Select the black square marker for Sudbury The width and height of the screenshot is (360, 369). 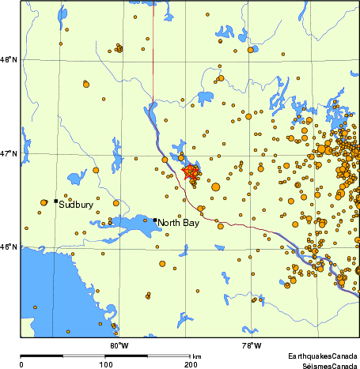55,201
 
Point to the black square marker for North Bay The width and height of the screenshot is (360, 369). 155,220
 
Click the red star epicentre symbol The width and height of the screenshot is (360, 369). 191,171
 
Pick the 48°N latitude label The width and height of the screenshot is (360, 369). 9,60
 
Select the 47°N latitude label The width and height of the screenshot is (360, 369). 9,154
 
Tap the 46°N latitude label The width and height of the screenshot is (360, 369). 9,247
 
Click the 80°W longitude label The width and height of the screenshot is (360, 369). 119,345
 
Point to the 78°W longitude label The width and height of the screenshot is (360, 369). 252,345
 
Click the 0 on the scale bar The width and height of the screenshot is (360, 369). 21,364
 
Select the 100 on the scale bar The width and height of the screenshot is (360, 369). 105,364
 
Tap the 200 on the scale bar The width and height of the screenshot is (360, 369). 190,364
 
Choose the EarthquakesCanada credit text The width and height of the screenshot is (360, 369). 322,356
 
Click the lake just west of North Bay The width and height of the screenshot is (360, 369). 127,223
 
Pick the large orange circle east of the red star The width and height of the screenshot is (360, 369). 216,186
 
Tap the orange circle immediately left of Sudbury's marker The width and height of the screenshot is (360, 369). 44,203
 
